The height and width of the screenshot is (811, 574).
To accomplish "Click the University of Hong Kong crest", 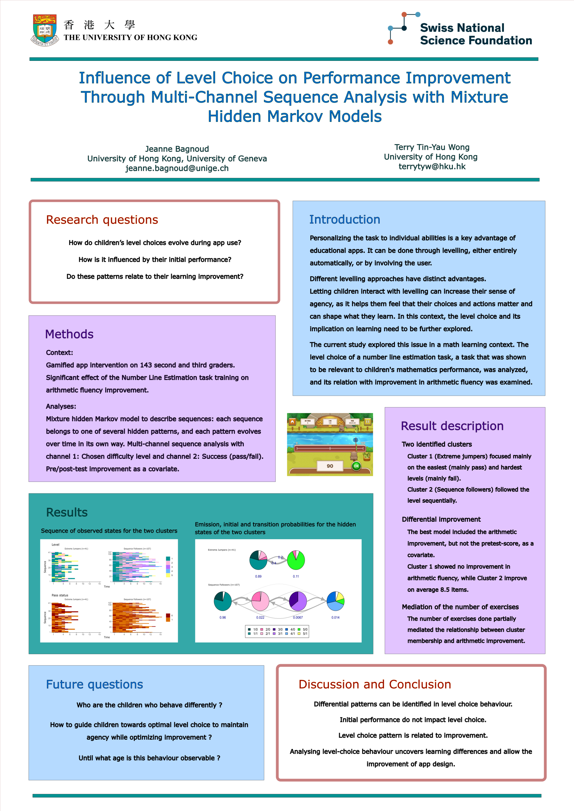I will (45, 30).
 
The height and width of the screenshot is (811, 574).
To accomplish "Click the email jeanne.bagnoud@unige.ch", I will (177, 168).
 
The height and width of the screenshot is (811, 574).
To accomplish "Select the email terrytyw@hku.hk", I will (432, 166).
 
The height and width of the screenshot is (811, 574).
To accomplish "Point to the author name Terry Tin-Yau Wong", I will (432, 147).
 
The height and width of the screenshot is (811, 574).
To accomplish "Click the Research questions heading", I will (102, 220).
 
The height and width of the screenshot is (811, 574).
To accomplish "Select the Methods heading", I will (69, 334).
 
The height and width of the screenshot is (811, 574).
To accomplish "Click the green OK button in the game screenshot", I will (356, 466).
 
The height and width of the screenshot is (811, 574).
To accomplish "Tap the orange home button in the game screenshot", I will (292, 421).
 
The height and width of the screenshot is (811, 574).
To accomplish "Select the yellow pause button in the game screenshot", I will (367, 421).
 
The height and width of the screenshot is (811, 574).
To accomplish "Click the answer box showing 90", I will (330, 466).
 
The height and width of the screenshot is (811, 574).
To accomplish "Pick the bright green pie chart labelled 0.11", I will (296, 560).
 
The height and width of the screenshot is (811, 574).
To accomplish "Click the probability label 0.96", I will (223, 617).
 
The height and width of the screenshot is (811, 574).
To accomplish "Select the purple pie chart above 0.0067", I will (298, 601).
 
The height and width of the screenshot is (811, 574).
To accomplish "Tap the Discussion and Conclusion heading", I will (375, 684).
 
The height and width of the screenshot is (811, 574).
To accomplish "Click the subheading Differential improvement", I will (441, 519).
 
